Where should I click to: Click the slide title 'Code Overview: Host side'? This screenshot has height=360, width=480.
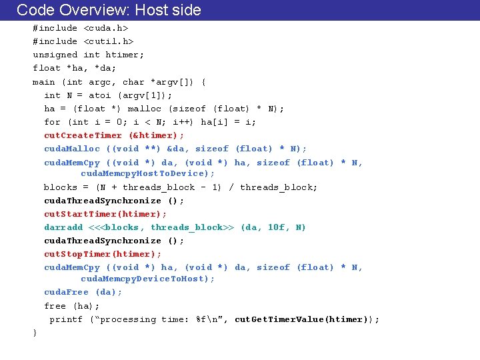click(x=108, y=10)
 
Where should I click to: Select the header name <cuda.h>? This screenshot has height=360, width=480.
click(x=105, y=28)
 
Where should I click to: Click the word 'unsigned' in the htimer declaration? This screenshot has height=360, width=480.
click(x=55, y=55)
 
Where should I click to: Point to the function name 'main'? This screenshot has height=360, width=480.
click(x=44, y=82)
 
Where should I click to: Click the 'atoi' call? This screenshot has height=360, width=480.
click(x=99, y=95)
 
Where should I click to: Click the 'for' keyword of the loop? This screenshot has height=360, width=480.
click(x=52, y=122)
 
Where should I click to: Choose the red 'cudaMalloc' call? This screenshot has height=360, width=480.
click(x=72, y=149)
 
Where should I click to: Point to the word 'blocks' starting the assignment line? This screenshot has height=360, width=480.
click(x=61, y=187)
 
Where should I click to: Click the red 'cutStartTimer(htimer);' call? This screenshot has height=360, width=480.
click(x=105, y=214)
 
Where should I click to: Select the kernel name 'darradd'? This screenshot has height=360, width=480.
click(x=63, y=227)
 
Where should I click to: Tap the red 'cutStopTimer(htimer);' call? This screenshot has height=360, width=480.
click(x=103, y=254)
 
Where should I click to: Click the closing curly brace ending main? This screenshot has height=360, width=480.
click(x=35, y=333)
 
